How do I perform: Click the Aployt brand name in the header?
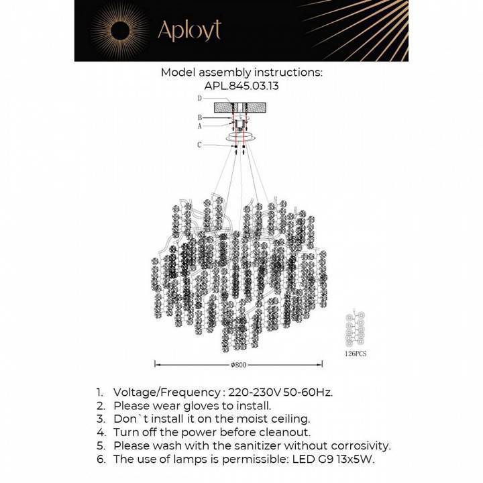(x=189, y=30)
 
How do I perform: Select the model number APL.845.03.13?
(x=241, y=86)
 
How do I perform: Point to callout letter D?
(x=200, y=99)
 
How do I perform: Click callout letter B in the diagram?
(x=200, y=117)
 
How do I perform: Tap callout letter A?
(x=200, y=125)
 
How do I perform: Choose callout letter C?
(x=200, y=144)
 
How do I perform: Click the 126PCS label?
(x=355, y=352)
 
